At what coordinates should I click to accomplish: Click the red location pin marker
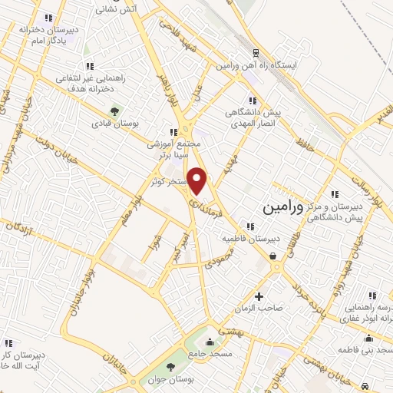tap(198, 180)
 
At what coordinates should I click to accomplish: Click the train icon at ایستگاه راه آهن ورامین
tap(256, 54)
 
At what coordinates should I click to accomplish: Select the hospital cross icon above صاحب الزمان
tap(259, 296)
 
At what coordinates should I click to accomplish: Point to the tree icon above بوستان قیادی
tap(115, 111)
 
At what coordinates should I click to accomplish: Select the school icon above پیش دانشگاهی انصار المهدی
tap(252, 101)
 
